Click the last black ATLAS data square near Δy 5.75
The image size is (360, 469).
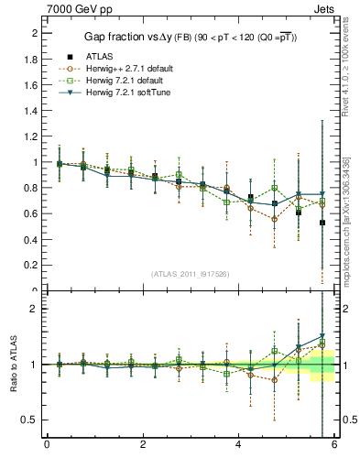point(322,223)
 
